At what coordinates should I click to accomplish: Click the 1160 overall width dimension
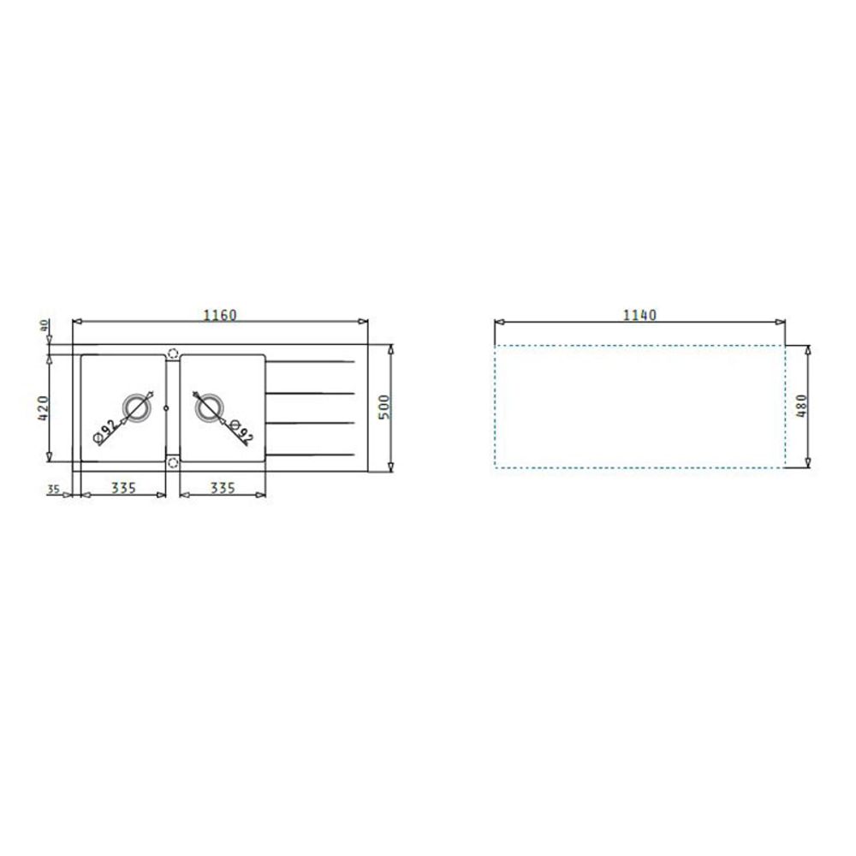[220, 315]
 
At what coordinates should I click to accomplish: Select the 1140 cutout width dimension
[639, 315]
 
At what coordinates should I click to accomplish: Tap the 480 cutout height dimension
[801, 406]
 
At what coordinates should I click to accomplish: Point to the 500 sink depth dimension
[384, 407]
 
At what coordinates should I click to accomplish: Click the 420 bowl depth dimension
[43, 407]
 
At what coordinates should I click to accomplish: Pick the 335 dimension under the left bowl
[123, 487]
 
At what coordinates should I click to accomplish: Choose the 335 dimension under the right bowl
[223, 487]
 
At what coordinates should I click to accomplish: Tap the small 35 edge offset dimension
[53, 489]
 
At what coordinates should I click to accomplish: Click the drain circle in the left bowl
[135, 407]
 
